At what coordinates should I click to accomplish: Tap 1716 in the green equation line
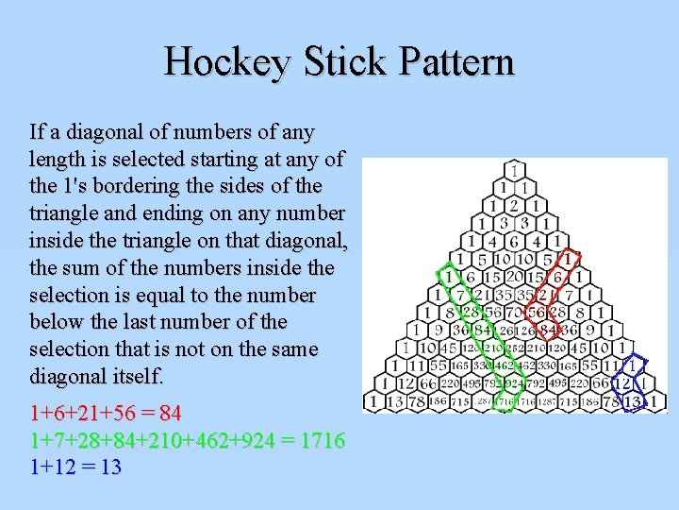click(x=320, y=440)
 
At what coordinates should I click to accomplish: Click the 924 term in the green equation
click(x=261, y=440)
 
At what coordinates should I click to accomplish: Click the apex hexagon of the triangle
click(x=514, y=170)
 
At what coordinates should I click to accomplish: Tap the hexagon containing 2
click(x=514, y=205)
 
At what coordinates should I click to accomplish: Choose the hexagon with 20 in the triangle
click(x=514, y=276)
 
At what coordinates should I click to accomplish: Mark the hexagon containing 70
click(x=514, y=312)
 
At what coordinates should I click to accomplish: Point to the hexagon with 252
click(x=514, y=348)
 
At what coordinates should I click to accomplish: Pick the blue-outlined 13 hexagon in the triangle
click(x=633, y=401)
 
